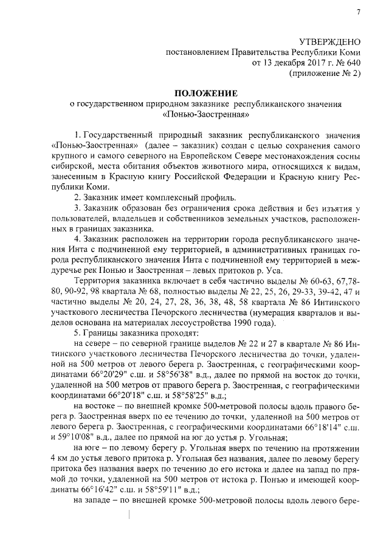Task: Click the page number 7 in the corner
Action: (359, 12)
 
